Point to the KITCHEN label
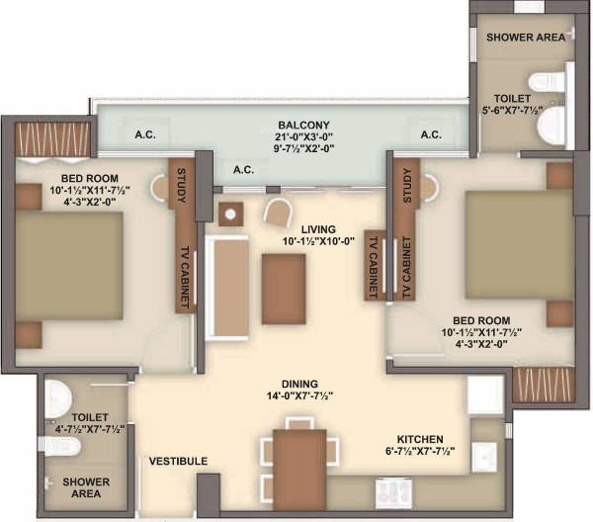click(x=419, y=439)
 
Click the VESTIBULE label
click(x=179, y=462)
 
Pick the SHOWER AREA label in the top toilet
click(x=524, y=37)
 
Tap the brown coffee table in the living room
click(x=284, y=289)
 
